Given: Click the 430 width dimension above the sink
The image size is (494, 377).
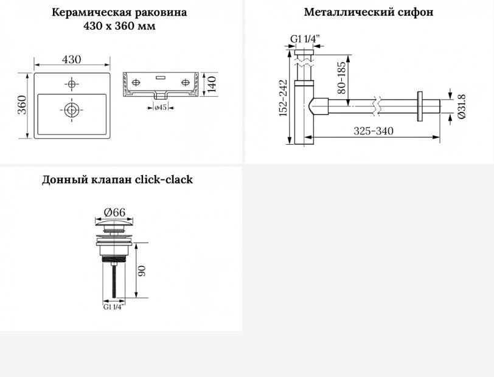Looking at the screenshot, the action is tap(72, 60).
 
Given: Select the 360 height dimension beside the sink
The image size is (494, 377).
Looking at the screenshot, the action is tap(22, 105).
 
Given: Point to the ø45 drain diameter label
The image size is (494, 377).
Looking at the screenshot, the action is tap(161, 108).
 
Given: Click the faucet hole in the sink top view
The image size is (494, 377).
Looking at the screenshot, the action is tap(72, 84).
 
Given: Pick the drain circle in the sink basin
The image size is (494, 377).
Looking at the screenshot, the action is tap(72, 110).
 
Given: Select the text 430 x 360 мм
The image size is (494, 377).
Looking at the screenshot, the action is tap(119, 26).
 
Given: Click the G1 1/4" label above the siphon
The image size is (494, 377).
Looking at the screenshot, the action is tap(305, 39).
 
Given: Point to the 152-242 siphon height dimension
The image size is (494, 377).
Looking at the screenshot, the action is tap(284, 98).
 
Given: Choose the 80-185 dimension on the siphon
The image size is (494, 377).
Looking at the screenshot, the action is tap(341, 77).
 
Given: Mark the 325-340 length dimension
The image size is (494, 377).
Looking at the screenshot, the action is tap(374, 131).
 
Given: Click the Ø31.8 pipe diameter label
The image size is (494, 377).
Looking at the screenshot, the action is tap(461, 106).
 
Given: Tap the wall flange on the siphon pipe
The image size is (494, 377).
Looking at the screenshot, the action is tap(420, 106).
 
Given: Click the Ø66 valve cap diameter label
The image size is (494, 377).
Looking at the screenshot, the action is tap(114, 213).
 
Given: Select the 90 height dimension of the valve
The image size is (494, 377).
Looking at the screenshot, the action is tap(142, 271).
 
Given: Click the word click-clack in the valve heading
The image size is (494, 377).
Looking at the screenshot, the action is tap(164, 180).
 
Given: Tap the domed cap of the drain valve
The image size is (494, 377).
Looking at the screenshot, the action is tap(114, 224).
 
